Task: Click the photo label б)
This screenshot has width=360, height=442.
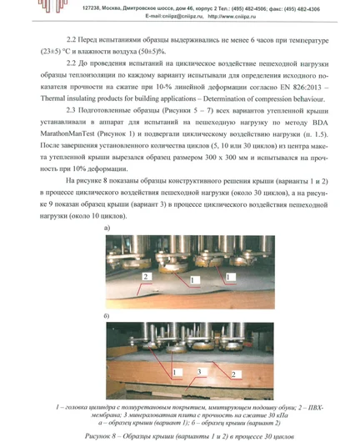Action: click(x=107, y=317)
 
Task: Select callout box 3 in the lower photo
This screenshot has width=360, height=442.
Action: click(x=199, y=367)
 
